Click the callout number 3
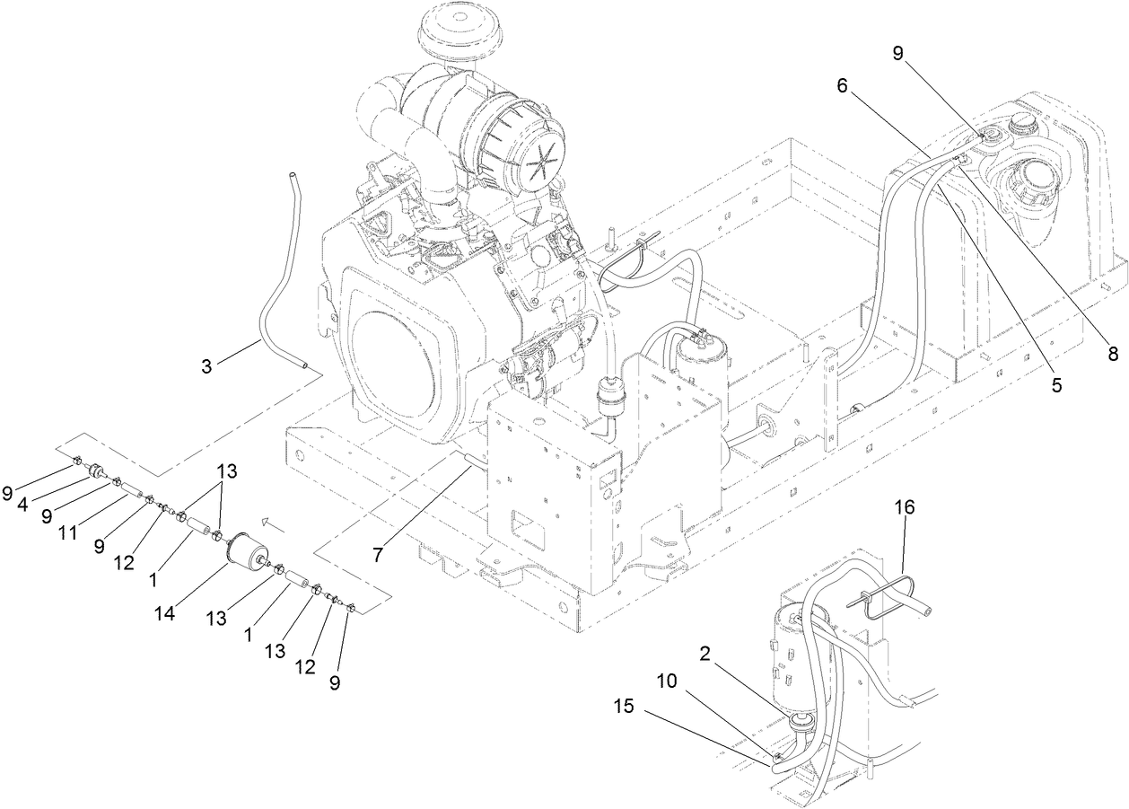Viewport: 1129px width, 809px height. coord(207,366)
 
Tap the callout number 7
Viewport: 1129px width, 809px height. coord(378,555)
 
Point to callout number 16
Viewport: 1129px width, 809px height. coord(904,507)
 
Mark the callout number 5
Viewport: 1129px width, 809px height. coord(1056,384)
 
